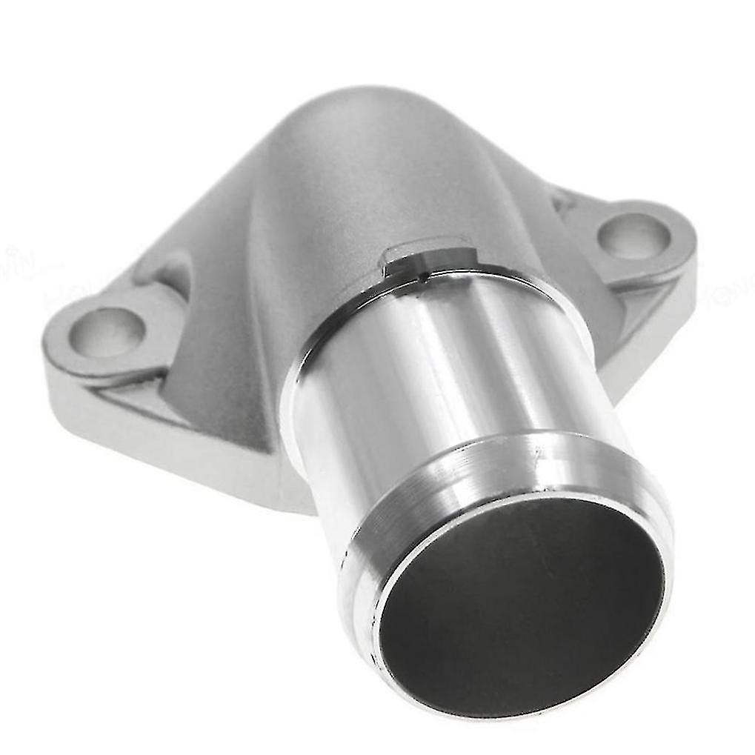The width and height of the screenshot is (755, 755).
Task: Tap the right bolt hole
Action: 633,236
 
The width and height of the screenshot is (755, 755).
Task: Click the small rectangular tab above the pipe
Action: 425,256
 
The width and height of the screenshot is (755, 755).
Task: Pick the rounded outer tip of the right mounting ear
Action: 689,237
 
